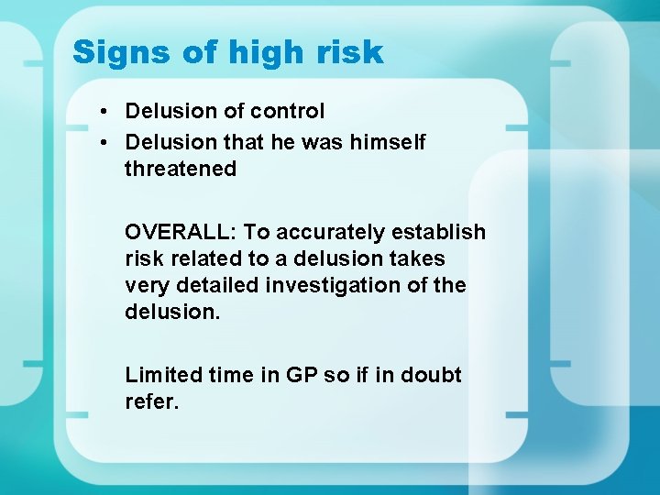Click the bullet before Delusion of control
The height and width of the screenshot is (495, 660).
(107, 112)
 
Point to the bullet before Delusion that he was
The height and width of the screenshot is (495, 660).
(107, 143)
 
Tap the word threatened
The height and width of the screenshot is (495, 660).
(181, 169)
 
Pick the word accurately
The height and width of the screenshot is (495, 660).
(328, 232)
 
